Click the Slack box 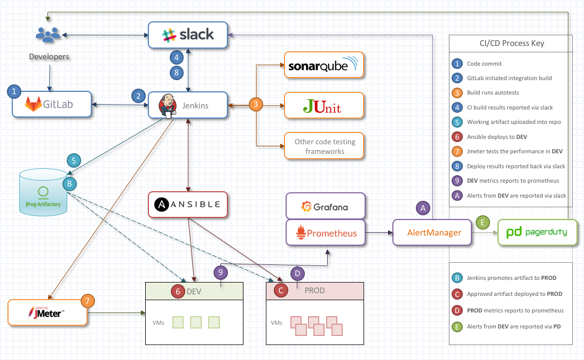pyautogui.click(x=188, y=35)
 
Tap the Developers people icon pyautogui.click(x=48, y=35)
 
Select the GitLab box pyautogui.click(x=52, y=105)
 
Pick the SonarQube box pyautogui.click(x=323, y=65)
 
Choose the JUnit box pyautogui.click(x=323, y=105)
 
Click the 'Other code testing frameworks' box pyautogui.click(x=323, y=146)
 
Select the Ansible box pyautogui.click(x=188, y=205)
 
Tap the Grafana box pyautogui.click(x=326, y=207)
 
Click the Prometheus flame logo pyautogui.click(x=301, y=233)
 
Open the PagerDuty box pyautogui.click(x=537, y=232)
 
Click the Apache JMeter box pyautogui.click(x=48, y=312)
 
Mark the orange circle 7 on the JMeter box pyautogui.click(x=88, y=301)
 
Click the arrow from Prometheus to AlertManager pyautogui.click(x=379, y=233)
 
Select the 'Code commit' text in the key pyautogui.click(x=484, y=64)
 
